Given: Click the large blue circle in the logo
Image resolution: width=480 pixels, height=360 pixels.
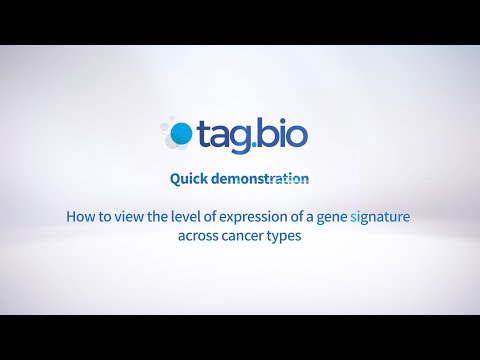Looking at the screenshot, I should tap(182, 132).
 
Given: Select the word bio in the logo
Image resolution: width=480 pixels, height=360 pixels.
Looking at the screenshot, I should tap(286, 131).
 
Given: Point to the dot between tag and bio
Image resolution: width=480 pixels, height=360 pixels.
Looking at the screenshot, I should tap(258, 142).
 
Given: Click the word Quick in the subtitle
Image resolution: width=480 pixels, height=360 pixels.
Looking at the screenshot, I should tap(191, 180).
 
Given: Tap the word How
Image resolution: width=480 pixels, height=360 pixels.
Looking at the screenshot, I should tap(79, 215).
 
